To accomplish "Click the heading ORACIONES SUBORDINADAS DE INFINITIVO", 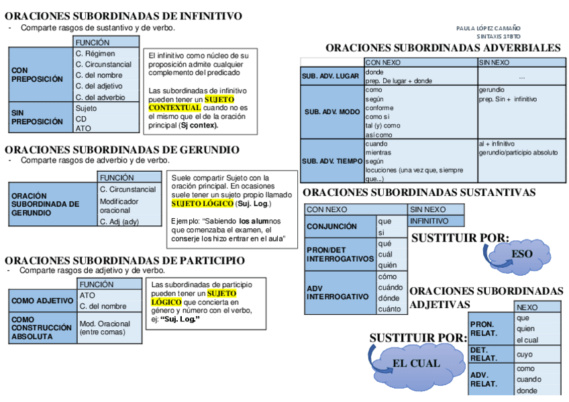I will pyautogui.click(x=123, y=16).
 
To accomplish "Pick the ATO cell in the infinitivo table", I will pyautogui.click(x=83, y=128).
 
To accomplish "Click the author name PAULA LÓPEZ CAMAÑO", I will pyautogui.click(x=488, y=28).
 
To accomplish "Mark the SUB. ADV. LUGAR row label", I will pyautogui.click(x=330, y=77).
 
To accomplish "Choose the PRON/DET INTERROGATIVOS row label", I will pyautogui.click(x=340, y=254).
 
